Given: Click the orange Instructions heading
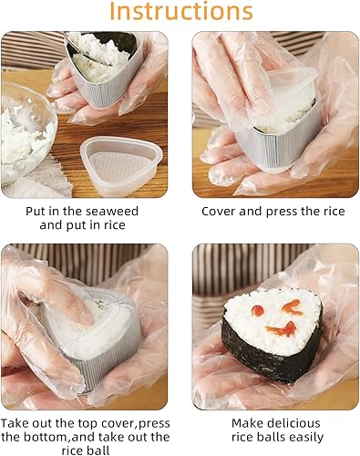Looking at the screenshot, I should tap(180, 13).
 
